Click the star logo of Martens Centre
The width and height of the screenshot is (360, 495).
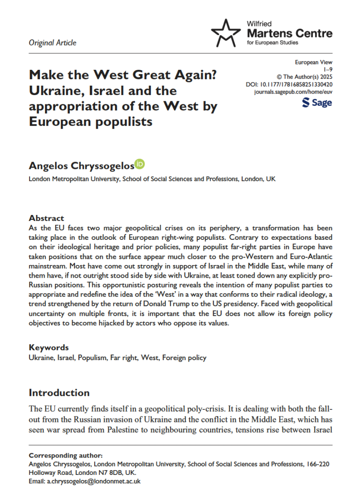226,33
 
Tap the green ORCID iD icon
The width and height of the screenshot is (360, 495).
140,164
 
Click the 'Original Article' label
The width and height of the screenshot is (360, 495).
52,43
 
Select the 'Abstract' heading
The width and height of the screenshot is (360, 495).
46,218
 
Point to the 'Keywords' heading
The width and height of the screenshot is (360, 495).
49,347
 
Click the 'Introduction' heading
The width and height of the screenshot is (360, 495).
59,392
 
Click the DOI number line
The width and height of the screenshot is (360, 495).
289,84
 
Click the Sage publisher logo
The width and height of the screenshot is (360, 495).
317,103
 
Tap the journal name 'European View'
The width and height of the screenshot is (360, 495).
314,62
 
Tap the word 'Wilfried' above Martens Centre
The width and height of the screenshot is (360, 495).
259,23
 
